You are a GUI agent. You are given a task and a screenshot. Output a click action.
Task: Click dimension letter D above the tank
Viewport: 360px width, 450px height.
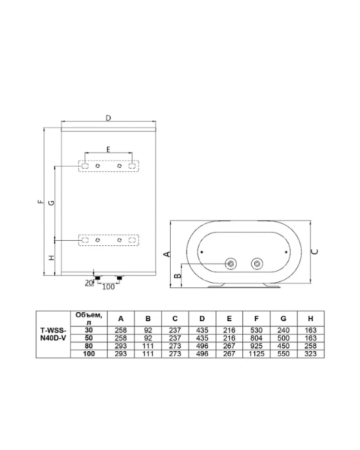tap(108, 118)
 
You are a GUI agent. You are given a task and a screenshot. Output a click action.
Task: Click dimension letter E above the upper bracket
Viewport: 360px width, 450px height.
tap(108, 149)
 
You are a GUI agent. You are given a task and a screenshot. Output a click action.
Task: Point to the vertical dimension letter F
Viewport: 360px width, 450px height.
tap(41, 201)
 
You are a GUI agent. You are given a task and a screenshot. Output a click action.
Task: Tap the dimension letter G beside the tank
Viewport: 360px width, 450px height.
tap(51, 202)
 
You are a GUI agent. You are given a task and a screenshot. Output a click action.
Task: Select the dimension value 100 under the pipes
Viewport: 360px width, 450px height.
tap(109, 286)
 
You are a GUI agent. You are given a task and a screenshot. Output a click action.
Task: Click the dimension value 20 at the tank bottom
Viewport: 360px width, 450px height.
tap(89, 283)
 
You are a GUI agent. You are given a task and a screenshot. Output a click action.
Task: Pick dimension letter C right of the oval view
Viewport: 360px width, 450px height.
tap(315, 252)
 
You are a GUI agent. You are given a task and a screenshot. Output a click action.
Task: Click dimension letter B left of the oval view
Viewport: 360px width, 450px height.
tap(178, 275)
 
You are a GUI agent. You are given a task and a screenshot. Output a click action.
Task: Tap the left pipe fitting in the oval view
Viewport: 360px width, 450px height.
tap(230, 263)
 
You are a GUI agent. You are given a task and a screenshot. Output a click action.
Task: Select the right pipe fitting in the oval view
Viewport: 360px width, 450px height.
tap(257, 263)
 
